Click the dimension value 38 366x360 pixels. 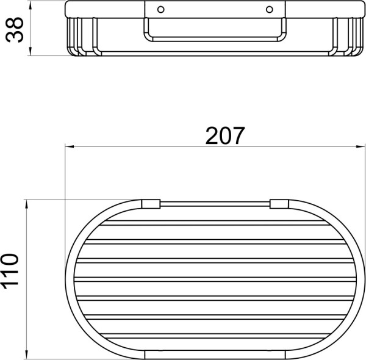(15, 29)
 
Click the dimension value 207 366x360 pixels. (225, 135)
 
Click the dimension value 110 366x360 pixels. (10, 272)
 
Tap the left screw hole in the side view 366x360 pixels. (161, 10)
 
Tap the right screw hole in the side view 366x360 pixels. (270, 10)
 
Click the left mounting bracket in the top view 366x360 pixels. (151, 204)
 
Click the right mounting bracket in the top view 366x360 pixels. (279, 204)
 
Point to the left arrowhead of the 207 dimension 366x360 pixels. (70, 146)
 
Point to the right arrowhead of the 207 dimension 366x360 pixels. (361, 146)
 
